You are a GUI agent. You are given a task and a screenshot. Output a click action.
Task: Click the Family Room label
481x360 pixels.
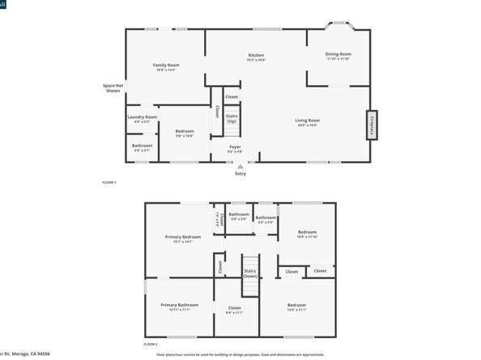166,65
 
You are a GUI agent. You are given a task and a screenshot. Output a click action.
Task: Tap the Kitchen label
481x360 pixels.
256,55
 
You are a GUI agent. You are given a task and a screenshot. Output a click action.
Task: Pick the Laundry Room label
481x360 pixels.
142,116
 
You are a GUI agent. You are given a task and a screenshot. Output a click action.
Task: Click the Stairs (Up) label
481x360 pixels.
232,118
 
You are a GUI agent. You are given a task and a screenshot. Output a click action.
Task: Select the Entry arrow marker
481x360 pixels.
240,166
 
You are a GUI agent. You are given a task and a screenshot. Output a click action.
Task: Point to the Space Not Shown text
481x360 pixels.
113,87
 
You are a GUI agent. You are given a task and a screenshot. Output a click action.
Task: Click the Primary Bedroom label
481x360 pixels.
182,237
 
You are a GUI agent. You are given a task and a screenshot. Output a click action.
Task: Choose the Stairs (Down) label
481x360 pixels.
249,273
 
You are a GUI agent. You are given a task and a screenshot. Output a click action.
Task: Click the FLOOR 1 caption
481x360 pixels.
109,182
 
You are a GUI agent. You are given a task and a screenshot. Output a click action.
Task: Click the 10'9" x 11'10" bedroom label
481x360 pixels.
307,233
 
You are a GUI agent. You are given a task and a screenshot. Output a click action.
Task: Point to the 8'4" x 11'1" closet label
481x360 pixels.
235,308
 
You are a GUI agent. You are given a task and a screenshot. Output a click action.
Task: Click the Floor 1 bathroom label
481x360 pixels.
142,146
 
